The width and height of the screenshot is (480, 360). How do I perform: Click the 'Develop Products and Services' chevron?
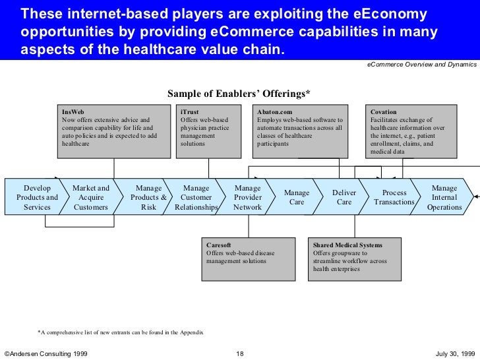tap(37, 197)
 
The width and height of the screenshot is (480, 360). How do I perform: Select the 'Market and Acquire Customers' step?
tap(90, 197)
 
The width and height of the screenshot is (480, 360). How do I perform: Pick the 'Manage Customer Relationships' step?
tap(196, 197)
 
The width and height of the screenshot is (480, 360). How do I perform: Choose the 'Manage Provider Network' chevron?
tap(247, 197)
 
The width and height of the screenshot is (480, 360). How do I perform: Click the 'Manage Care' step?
tap(297, 197)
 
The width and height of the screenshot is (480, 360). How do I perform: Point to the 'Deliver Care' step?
tap(344, 197)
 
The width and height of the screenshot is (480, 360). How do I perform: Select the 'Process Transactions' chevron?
tap(394, 197)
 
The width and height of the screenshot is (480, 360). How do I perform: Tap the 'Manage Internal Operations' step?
tap(444, 197)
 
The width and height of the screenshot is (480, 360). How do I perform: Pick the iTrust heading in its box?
tap(190, 112)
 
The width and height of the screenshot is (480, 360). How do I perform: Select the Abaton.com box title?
tap(274, 112)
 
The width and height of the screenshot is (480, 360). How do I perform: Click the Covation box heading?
tap(384, 112)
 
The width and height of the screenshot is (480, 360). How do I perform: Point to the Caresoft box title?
tap(218, 245)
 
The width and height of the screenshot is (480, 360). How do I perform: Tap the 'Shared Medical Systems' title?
tap(347, 245)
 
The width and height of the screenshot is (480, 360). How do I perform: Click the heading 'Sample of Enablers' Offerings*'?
tap(238, 94)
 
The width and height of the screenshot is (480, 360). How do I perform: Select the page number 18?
tap(240, 354)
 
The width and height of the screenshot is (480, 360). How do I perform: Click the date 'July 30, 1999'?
tap(455, 354)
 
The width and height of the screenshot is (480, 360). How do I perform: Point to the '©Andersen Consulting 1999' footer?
tap(45, 354)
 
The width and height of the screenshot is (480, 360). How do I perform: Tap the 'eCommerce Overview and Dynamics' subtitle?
tap(421, 64)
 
